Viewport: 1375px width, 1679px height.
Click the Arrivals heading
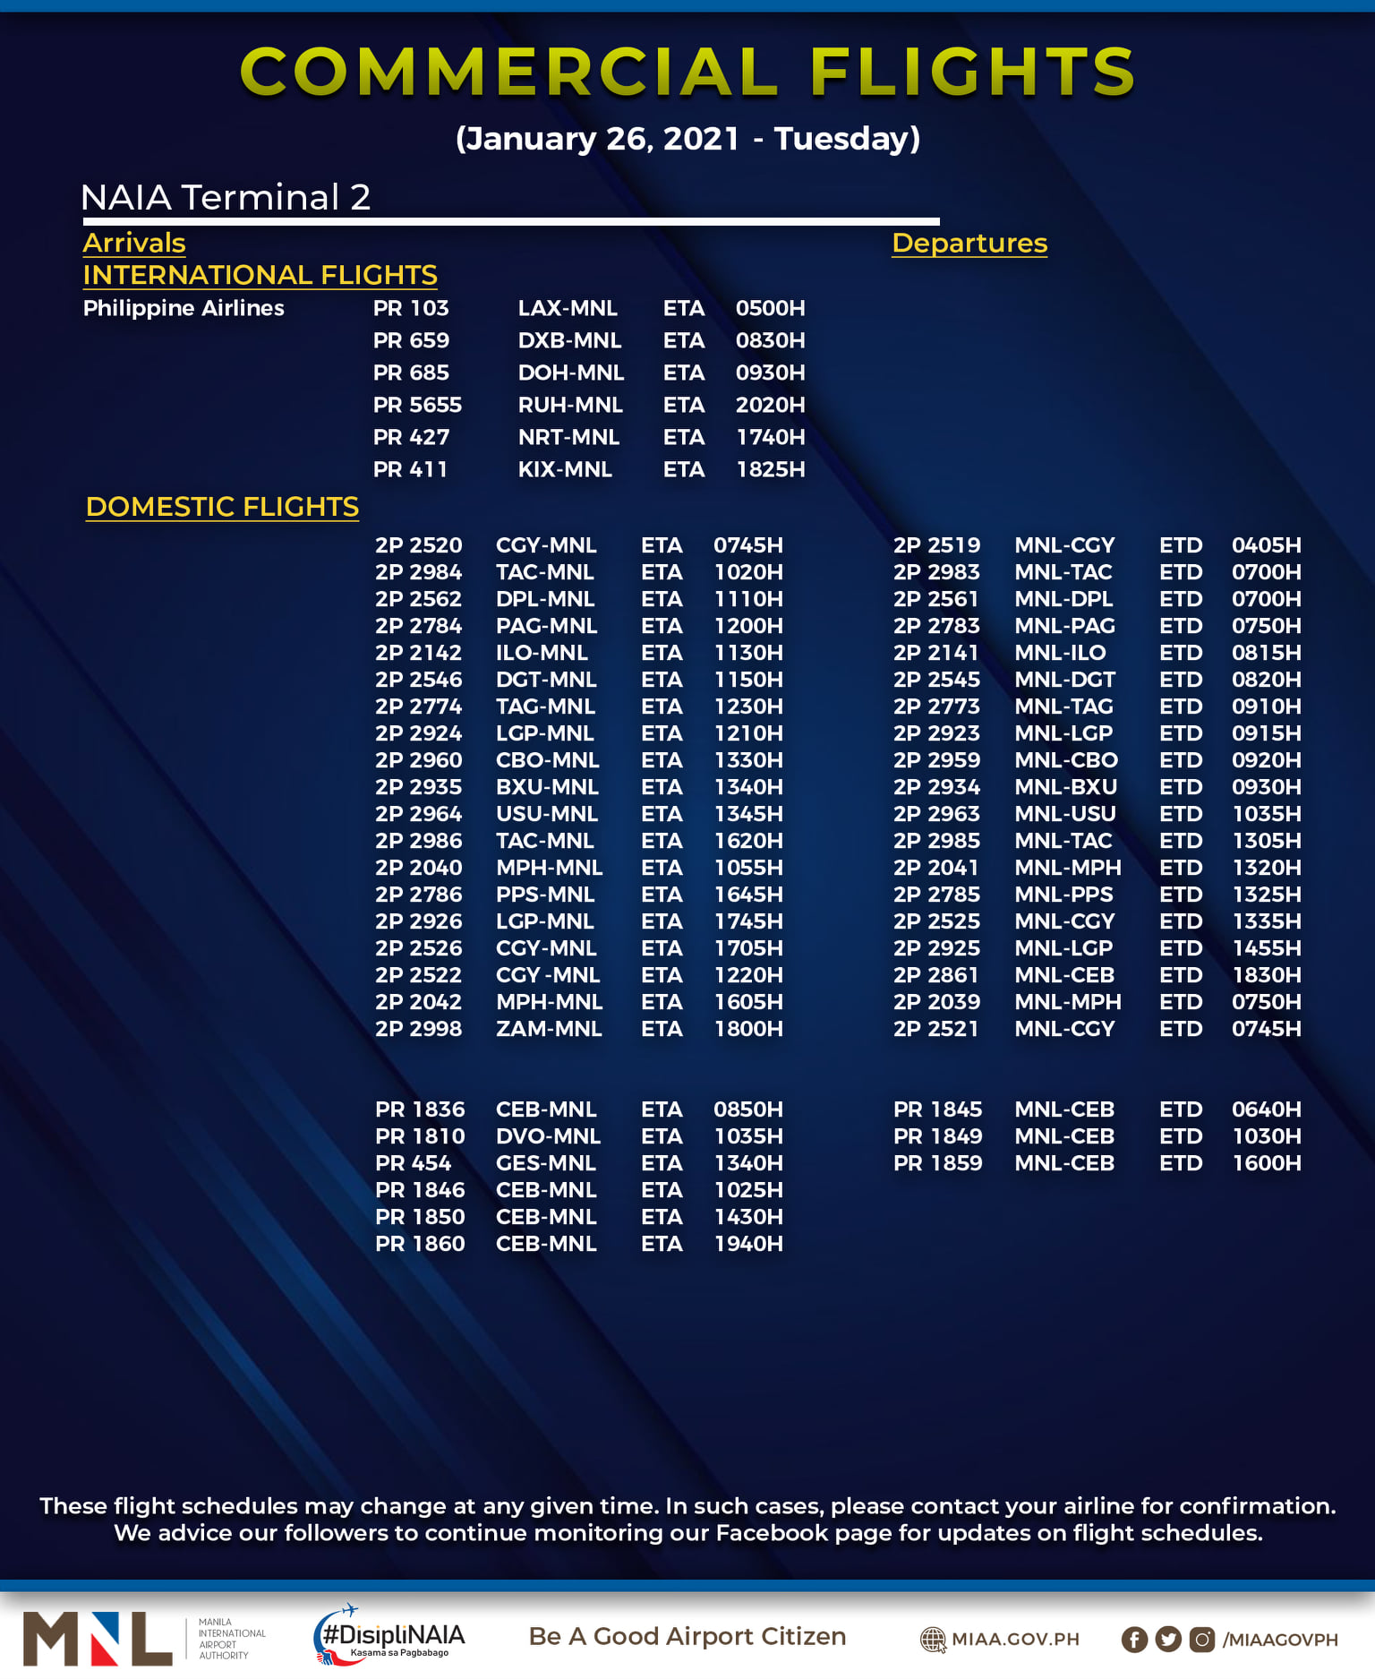coord(134,243)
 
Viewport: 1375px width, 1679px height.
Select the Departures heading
coord(969,243)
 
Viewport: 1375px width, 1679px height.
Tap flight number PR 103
coord(411,308)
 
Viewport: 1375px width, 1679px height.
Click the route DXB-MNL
coord(569,340)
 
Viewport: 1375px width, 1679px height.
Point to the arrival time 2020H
coord(770,405)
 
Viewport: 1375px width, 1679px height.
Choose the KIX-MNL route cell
coord(565,469)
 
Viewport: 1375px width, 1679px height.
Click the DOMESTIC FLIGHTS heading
coord(222,507)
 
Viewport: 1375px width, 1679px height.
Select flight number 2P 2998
coord(418,1029)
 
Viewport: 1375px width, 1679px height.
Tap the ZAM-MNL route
coord(549,1029)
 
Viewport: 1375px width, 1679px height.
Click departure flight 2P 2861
coord(936,975)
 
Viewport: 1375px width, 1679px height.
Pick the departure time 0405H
coord(1266,545)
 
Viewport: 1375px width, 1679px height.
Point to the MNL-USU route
coord(1065,814)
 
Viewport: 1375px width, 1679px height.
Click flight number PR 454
coord(413,1163)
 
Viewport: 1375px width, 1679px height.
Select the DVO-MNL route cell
coord(548,1136)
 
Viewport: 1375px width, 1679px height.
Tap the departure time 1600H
coord(1266,1163)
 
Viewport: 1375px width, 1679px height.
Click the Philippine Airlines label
coord(184,308)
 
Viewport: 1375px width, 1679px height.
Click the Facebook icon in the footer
coord(1134,1640)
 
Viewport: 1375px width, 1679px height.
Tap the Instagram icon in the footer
coord(1202,1640)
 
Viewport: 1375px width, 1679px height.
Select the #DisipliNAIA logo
coord(390,1637)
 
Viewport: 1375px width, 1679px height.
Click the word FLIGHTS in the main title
coord(973,72)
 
